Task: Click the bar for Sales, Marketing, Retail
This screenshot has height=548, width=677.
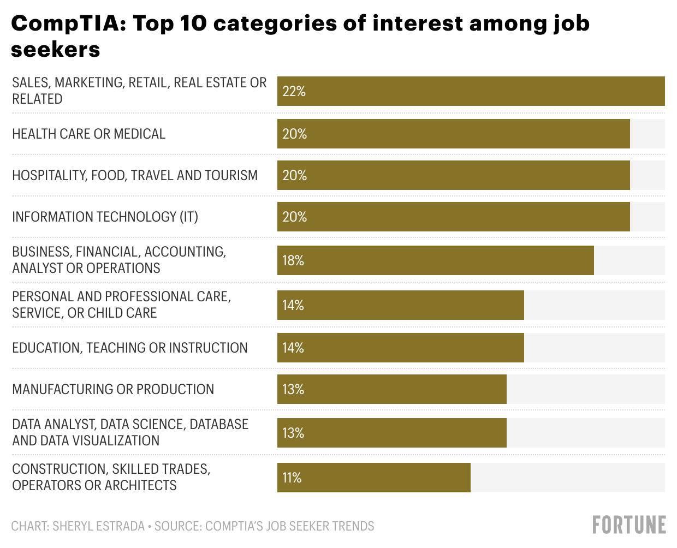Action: (471, 91)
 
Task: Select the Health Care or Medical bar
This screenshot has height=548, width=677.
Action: (453, 134)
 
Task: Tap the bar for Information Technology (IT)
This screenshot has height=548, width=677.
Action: (453, 217)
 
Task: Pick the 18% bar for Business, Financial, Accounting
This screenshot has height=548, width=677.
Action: (435, 260)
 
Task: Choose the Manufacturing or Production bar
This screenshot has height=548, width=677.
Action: (391, 389)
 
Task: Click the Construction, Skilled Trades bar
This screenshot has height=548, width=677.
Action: (373, 478)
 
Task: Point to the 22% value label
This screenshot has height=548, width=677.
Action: (294, 91)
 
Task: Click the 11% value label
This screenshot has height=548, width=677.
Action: (292, 478)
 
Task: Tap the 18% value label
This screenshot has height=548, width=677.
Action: (293, 260)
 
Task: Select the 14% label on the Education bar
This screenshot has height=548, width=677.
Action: (293, 348)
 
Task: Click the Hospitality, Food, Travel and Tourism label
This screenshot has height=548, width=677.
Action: (135, 175)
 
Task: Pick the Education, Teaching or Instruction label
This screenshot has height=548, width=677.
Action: (130, 348)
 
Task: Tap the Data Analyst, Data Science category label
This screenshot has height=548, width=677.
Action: (130, 432)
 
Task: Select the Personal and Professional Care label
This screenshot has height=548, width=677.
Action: (121, 305)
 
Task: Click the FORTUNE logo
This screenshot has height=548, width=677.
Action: (629, 525)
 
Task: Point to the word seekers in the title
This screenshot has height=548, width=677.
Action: (56, 50)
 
